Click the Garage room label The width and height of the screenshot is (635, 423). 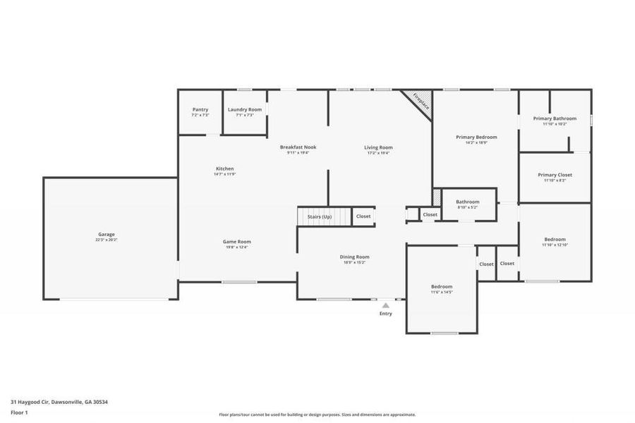click(107, 235)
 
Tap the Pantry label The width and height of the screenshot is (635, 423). click(200, 110)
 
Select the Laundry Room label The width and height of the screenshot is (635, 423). click(245, 110)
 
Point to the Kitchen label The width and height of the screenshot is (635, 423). click(224, 169)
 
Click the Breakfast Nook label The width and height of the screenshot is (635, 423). click(298, 147)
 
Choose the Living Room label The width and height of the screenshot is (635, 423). click(378, 147)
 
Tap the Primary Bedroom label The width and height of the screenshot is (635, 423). click(476, 137)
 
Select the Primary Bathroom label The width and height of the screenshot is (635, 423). click(555, 118)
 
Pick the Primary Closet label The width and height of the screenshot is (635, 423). click(555, 175)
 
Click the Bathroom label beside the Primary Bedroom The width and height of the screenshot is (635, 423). click(467, 202)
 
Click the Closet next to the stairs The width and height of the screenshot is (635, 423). click(363, 216)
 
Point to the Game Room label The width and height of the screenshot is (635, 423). click(237, 242)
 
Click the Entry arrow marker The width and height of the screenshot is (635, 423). click(385, 306)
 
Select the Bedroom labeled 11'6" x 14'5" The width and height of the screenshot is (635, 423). click(442, 287)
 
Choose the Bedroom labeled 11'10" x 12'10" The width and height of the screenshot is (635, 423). click(555, 239)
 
